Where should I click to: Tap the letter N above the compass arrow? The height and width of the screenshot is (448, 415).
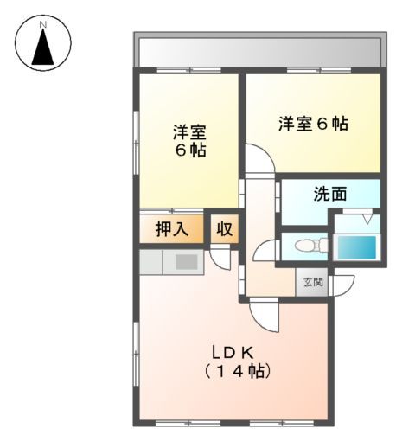point(41,23)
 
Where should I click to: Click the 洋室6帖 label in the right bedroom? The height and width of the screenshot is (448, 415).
point(313,124)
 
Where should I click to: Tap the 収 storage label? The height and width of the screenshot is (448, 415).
point(224,230)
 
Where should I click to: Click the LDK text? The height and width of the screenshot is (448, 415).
point(232,352)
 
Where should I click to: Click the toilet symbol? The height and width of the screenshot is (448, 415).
point(307,246)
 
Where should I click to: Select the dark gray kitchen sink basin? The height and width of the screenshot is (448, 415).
point(187,263)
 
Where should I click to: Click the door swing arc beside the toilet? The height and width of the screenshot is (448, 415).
point(265,247)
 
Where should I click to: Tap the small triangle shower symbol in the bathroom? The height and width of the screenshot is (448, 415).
point(367,220)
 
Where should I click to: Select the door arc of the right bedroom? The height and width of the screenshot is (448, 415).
point(260,159)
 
